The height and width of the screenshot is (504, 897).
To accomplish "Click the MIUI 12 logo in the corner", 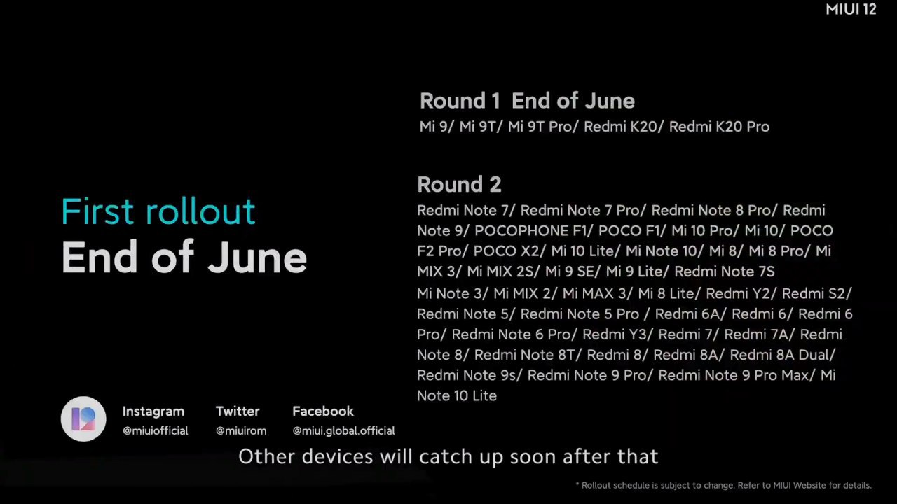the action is pyautogui.click(x=851, y=9).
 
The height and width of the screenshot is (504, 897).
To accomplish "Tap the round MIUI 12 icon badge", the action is pyautogui.click(x=83, y=419).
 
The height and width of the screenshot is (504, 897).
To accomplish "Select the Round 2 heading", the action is pyautogui.click(x=459, y=184).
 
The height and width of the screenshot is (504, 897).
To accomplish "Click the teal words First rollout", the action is pyautogui.click(x=158, y=211).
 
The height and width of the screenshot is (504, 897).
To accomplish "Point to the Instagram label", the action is pyautogui.click(x=153, y=411).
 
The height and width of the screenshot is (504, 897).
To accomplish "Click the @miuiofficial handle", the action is pyautogui.click(x=156, y=430).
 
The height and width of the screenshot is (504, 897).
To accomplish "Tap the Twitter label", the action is pyautogui.click(x=238, y=411).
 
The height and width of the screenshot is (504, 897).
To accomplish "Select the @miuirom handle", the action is pyautogui.click(x=241, y=430).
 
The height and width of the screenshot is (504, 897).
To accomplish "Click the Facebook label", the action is pyautogui.click(x=323, y=411).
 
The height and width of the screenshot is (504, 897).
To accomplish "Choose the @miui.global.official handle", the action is pyautogui.click(x=343, y=430).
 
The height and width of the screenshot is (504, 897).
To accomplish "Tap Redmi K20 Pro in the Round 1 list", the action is pyautogui.click(x=719, y=127).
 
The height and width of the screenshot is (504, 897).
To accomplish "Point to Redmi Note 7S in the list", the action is pyautogui.click(x=725, y=272).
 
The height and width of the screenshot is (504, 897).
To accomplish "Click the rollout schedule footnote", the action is pyautogui.click(x=723, y=485).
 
